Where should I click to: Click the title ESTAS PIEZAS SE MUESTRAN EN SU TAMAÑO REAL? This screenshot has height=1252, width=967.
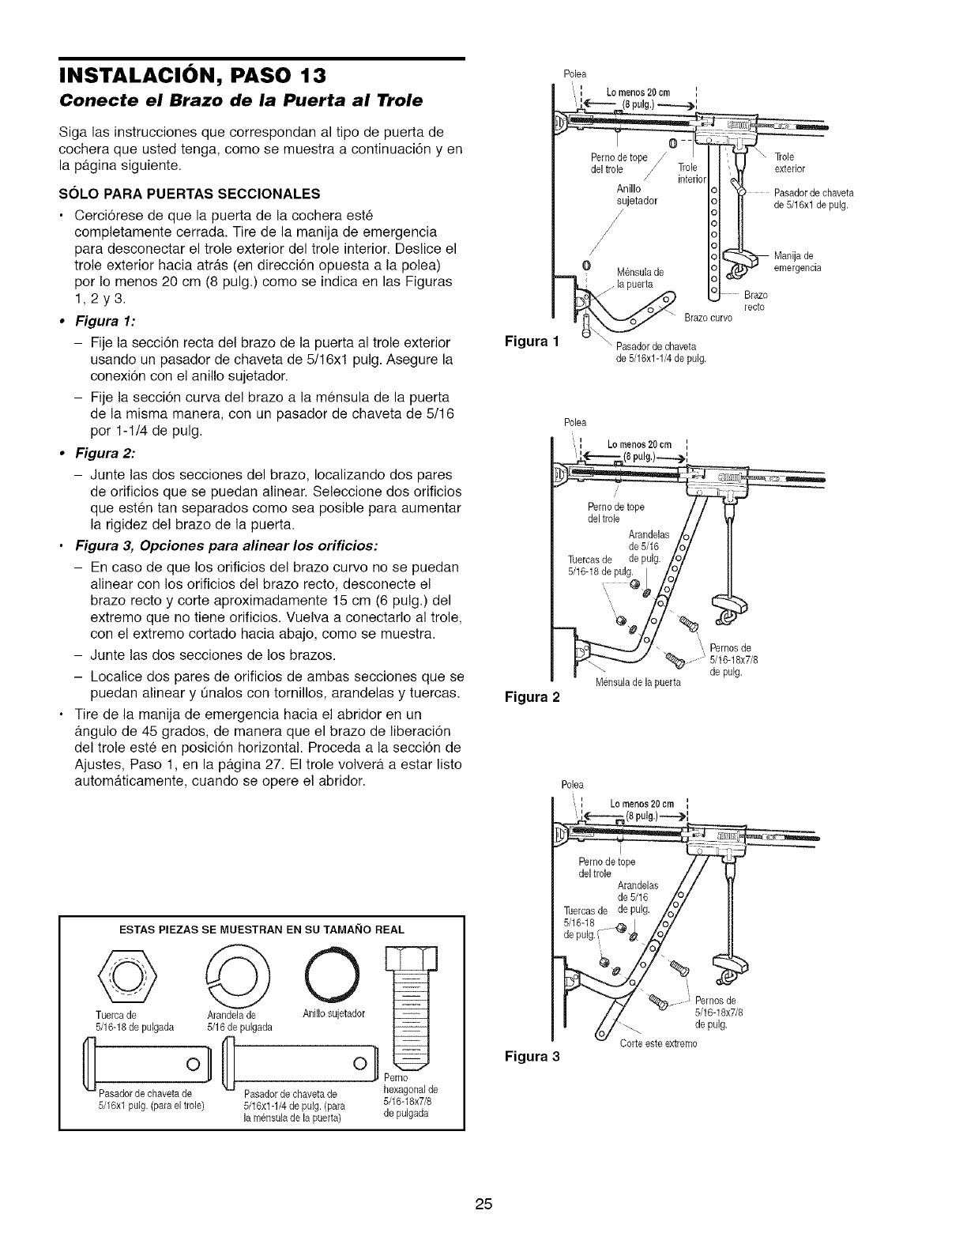pyautogui.click(x=262, y=930)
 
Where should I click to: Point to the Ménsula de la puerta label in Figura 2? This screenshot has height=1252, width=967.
pyautogui.click(x=640, y=682)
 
